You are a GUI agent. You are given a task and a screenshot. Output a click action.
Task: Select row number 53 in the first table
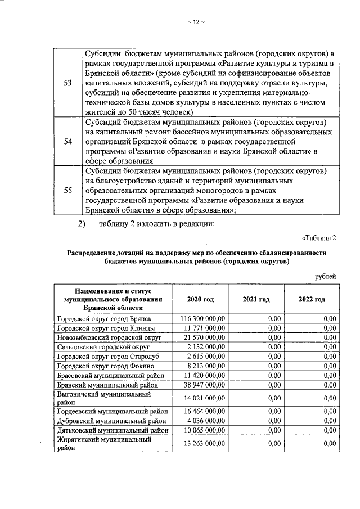point(68,83)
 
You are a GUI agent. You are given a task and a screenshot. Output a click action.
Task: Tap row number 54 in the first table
point(68,142)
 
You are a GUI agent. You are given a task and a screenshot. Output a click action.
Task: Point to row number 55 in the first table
point(68,191)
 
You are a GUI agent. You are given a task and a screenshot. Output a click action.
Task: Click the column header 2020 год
point(200,299)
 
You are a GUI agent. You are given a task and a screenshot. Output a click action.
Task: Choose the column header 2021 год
point(256,299)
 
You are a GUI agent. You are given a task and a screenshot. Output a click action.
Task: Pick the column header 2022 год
point(312,299)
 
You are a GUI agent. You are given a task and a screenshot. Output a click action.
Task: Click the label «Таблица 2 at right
point(319,237)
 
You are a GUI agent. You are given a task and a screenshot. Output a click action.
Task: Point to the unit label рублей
point(326,276)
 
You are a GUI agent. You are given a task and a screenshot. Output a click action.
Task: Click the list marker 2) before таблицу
point(82,225)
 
